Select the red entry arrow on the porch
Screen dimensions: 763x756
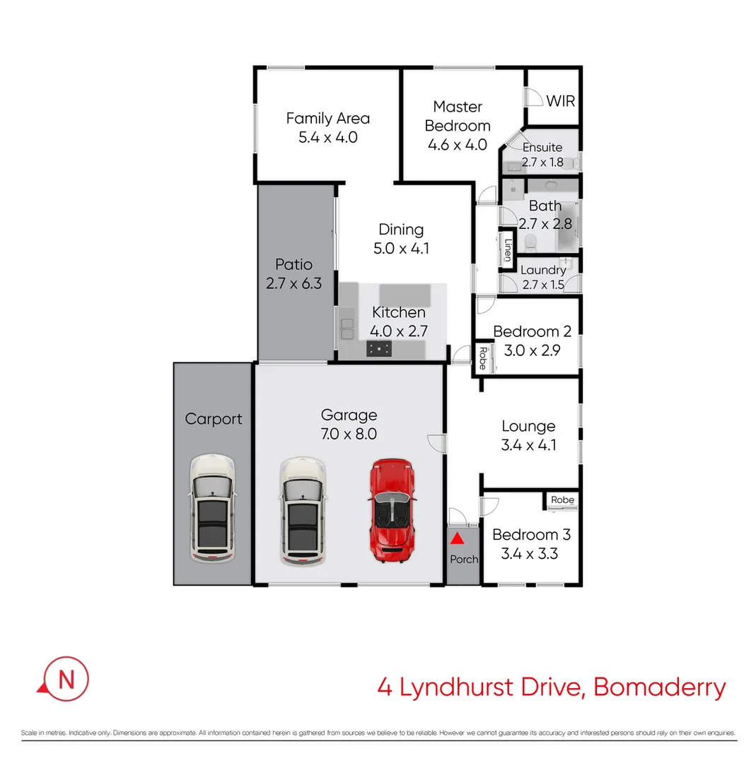(458, 540)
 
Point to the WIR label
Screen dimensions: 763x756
(560, 101)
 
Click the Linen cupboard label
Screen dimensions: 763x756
(507, 249)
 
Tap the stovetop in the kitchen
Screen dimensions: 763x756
(379, 348)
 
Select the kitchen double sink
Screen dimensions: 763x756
(347, 329)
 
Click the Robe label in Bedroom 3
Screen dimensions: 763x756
(563, 500)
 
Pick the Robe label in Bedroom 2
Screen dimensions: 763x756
(482, 358)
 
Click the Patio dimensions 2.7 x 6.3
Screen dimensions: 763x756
(293, 284)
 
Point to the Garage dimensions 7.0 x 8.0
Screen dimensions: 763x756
(349, 434)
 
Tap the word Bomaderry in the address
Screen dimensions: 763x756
(659, 687)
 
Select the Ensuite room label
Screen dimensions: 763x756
(542, 148)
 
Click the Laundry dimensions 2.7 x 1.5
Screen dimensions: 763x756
(542, 285)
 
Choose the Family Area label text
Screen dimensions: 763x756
(327, 118)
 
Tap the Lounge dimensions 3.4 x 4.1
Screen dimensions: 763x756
(528, 445)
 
